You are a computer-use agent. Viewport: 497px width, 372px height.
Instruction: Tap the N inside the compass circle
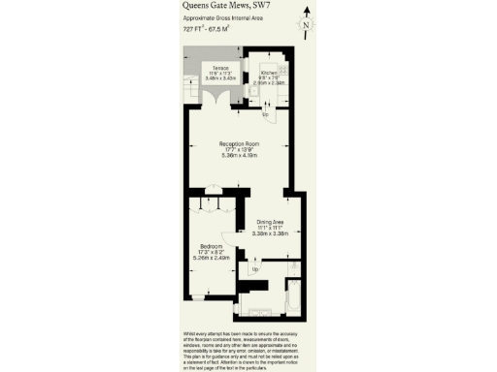click(306, 25)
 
